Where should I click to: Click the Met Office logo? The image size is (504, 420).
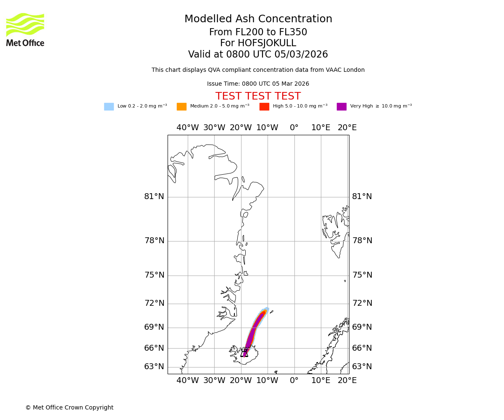pos(25,29)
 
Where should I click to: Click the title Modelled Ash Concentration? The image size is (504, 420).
pos(258,19)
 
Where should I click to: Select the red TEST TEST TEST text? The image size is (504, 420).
pos(258,97)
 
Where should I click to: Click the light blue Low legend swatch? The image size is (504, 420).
pos(109,107)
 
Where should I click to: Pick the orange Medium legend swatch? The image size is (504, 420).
pos(181,107)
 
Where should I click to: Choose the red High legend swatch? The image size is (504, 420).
pos(264,107)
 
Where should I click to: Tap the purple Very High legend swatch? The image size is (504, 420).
pos(341,107)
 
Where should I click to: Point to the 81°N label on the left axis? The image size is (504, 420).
pos(154,197)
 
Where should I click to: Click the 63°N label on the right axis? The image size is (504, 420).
pos(362,367)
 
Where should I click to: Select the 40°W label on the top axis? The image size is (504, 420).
pos(188,128)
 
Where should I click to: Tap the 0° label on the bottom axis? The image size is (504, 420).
pos(294,381)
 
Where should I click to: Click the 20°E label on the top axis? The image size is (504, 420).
pos(347,128)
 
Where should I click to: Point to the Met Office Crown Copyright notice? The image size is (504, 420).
pos(69,407)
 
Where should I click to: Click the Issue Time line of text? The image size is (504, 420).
pos(258,84)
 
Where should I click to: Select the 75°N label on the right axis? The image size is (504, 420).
pos(362,275)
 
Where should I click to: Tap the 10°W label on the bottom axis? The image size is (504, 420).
pos(268,381)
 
